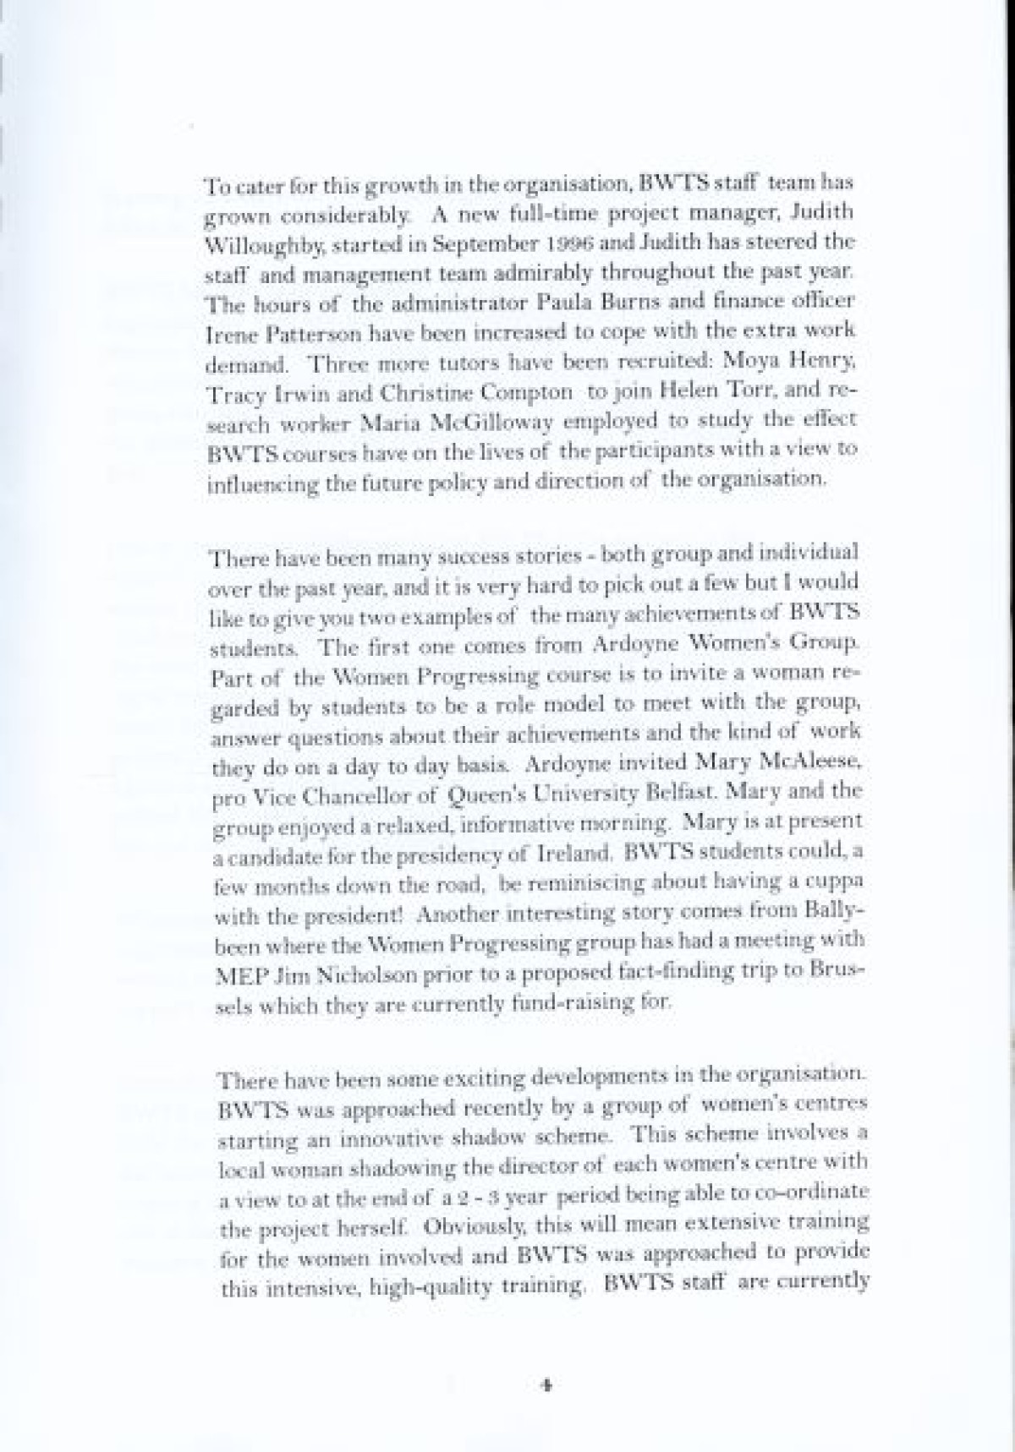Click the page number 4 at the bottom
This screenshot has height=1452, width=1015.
[x=546, y=1385]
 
